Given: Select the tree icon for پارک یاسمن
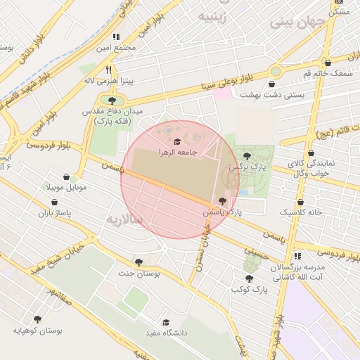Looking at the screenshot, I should [223, 201].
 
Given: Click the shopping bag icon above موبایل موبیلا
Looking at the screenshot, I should [66, 177].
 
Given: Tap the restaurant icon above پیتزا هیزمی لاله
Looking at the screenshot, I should [108, 70].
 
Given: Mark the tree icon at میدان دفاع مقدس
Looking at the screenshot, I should [112, 101].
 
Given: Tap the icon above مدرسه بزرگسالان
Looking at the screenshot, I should [298, 257].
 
